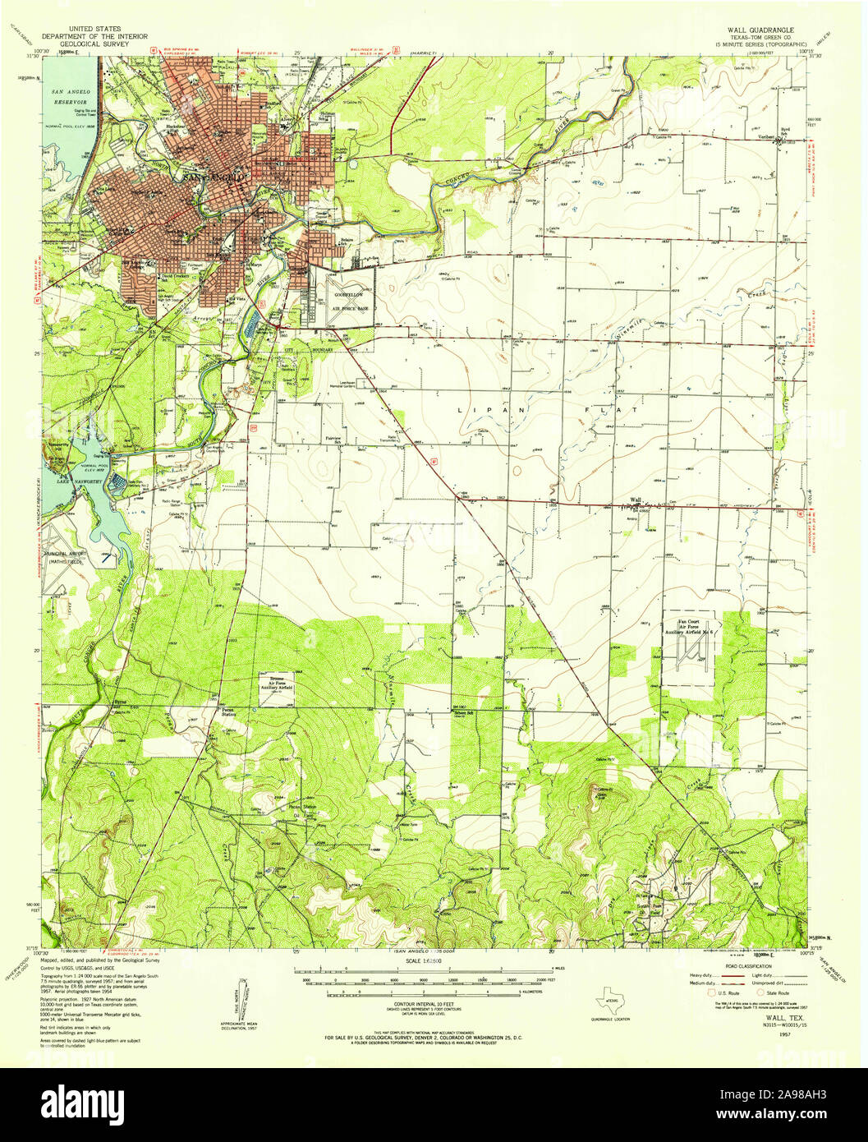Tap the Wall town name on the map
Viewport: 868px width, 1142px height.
(x=635, y=499)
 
